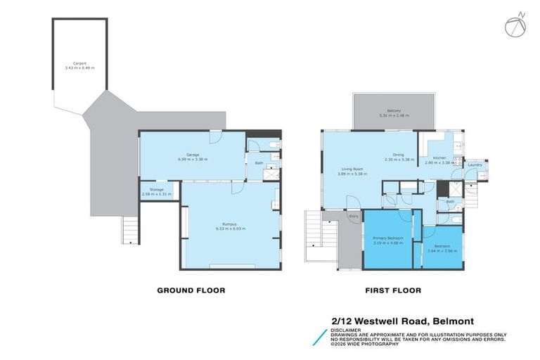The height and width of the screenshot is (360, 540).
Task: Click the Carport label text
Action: tap(79, 64)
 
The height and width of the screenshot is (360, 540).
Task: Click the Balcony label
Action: tap(389, 112)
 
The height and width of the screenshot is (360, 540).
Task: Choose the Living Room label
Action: tap(352, 169)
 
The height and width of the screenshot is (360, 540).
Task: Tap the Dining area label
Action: tap(398, 157)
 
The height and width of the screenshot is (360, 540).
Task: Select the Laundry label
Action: tap(473, 165)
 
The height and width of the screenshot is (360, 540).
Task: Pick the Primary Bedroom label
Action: tap(386, 240)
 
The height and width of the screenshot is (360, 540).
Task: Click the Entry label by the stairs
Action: tap(354, 217)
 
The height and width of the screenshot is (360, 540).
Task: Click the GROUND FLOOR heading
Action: tap(191, 290)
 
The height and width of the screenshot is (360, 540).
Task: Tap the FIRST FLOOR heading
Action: tap(392, 290)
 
